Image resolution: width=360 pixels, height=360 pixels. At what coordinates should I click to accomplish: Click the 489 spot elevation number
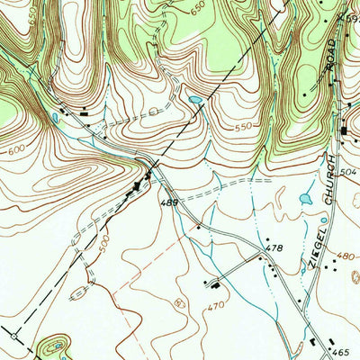[170, 205]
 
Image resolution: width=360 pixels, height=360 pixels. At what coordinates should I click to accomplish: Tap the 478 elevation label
[274, 247]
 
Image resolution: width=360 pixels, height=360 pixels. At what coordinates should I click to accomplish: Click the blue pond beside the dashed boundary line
[195, 100]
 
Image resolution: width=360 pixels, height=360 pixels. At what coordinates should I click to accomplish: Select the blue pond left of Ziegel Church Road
[304, 198]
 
